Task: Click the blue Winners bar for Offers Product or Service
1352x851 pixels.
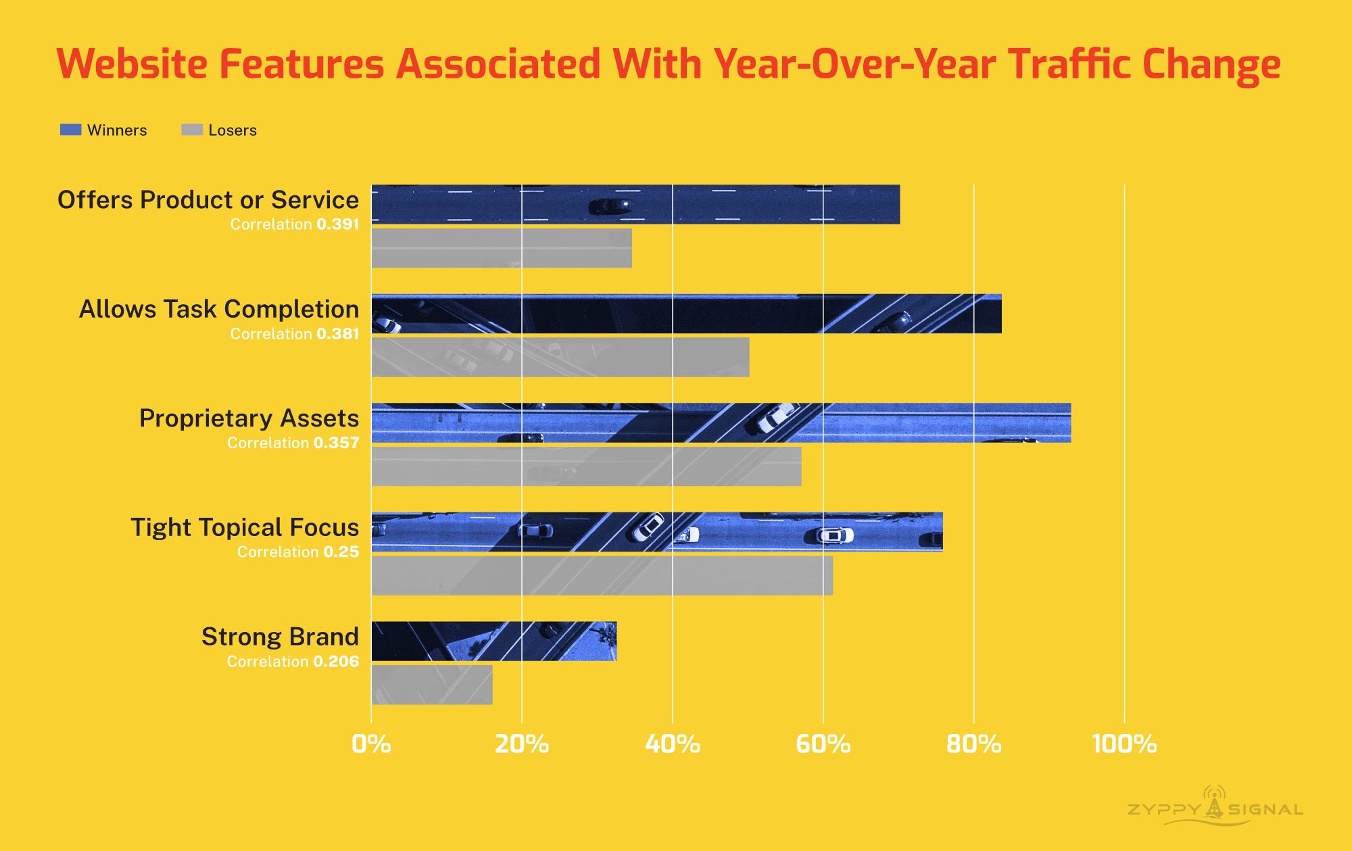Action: coord(635,204)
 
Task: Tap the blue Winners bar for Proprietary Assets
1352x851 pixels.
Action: coord(721,423)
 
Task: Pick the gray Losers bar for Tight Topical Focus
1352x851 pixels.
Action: coord(602,575)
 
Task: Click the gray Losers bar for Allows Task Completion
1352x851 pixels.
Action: coord(560,357)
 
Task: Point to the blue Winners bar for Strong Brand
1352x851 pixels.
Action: coord(493,641)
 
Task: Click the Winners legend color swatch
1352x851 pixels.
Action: coord(70,130)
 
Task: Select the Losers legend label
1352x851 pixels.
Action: coord(232,130)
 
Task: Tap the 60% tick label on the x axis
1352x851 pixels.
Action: coord(823,744)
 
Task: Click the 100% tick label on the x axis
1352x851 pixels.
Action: coord(1124,744)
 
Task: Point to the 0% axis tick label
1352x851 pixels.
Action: coord(371,744)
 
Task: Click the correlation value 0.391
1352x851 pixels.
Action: coord(337,224)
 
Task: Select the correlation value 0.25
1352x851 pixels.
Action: coord(341,552)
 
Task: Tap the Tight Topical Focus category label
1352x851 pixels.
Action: coord(245,527)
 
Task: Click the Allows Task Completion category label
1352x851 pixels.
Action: coord(219,309)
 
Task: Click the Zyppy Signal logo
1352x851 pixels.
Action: coord(1215,807)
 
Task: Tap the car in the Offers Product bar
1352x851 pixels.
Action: coord(610,205)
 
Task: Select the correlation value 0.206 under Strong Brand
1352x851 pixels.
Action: coord(336,662)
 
